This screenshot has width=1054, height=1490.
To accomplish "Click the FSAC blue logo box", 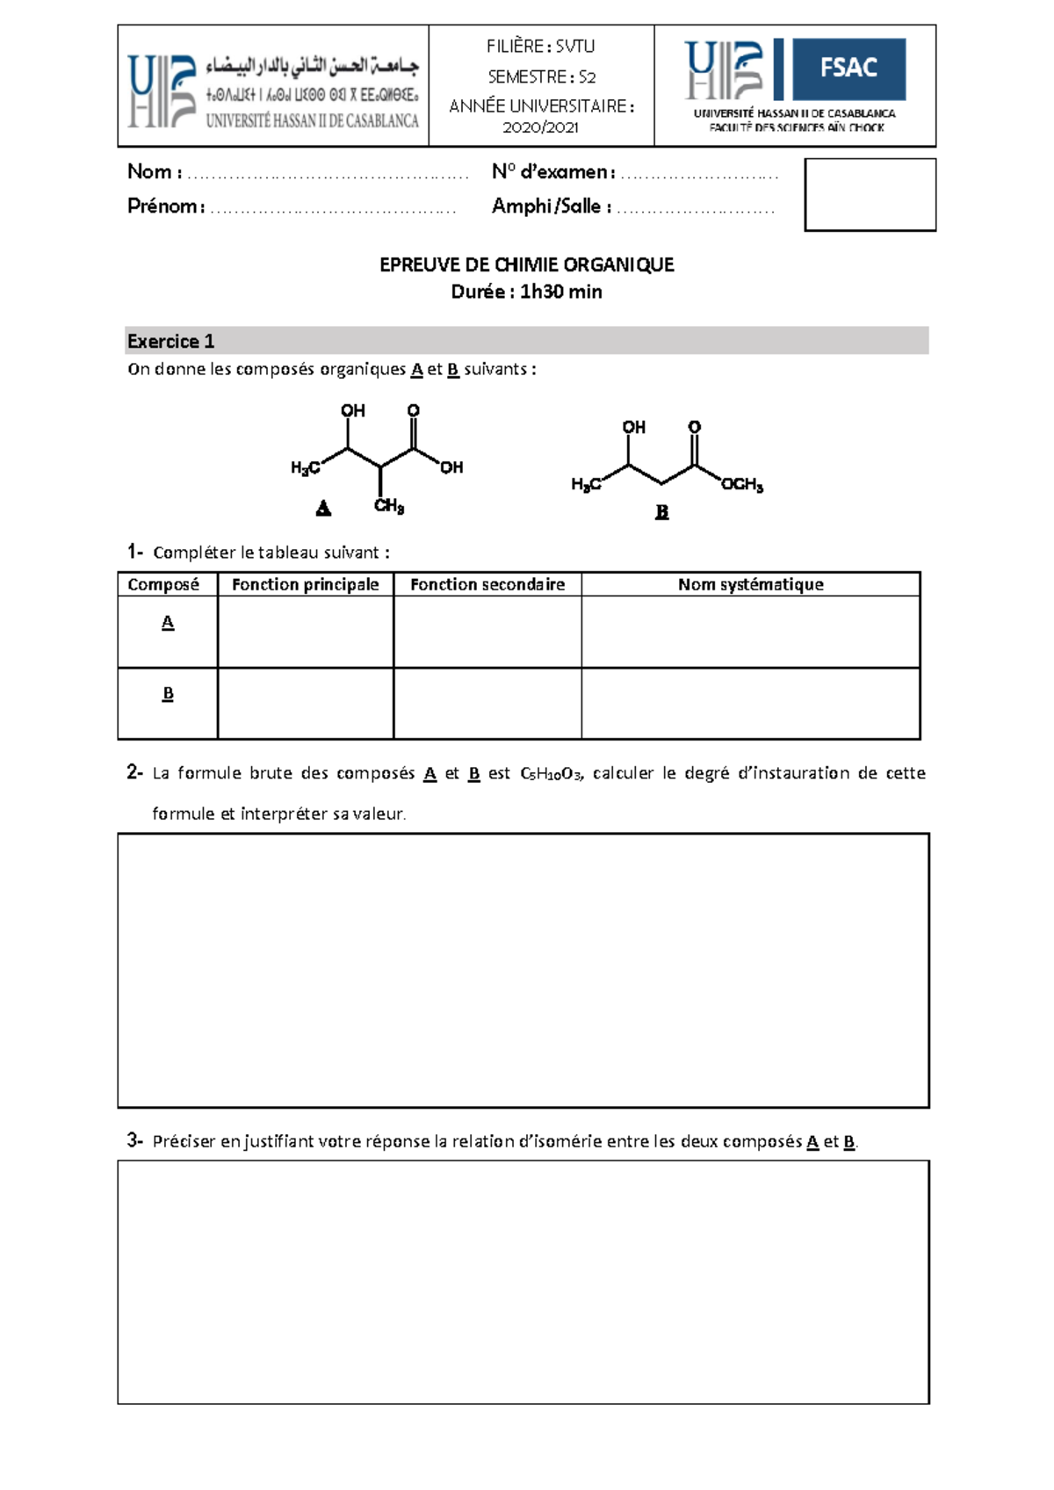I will pos(848,69).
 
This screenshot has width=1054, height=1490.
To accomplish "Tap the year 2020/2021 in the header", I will pos(540,127).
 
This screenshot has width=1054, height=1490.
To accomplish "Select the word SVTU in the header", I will pos(575,47).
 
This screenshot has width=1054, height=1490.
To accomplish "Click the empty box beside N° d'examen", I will pos(870,194).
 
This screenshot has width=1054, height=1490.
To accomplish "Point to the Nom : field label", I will pos(155,172).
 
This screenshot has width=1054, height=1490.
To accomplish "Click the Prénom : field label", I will pos(166,206).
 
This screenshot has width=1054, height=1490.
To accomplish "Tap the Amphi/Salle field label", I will pos(551,206).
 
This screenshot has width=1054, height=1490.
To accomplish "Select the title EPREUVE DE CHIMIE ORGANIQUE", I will pos(526,264).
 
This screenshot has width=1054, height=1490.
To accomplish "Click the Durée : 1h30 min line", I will pos(526,292).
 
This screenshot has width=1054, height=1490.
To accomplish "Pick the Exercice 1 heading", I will pos(170,341).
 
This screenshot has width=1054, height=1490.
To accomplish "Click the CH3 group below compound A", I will pos(389,506).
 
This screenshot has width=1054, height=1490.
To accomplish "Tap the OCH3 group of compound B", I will pos(742,484).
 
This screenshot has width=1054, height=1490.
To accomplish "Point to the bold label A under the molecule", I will pos(323,508).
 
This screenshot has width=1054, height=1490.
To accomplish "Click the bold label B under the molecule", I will pos(661,511).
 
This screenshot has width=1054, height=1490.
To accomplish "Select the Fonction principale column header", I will pos(305,584).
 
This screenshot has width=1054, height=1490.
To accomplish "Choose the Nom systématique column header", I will pos(750,584).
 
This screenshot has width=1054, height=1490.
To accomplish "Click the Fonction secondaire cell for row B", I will pos(487,703).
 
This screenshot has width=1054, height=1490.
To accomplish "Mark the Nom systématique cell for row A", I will pos(750,632).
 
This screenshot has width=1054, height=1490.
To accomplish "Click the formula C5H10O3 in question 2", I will pos(550,774).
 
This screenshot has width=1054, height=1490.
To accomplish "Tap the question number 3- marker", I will pos(134,1140).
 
